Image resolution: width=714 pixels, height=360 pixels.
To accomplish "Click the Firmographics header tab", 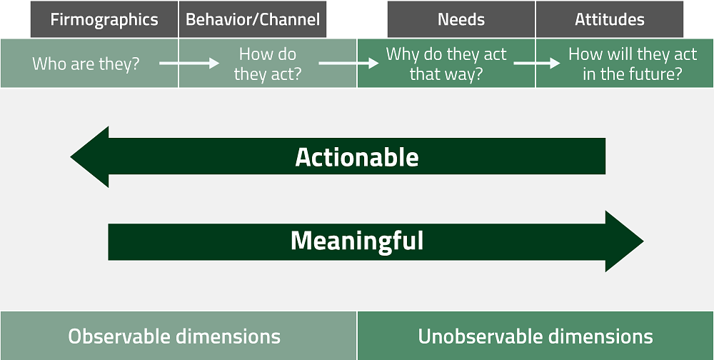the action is pyautogui.click(x=104, y=19).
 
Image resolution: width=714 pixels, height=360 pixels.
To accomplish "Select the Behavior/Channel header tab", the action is pyautogui.click(x=253, y=19).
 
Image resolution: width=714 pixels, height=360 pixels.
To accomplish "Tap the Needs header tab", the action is pyautogui.click(x=461, y=19).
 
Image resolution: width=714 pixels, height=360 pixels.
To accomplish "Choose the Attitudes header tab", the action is pyautogui.click(x=610, y=19).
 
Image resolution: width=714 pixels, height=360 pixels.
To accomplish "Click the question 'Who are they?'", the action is pyautogui.click(x=86, y=64).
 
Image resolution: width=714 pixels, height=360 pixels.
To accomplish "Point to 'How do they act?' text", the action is pyautogui.click(x=268, y=64).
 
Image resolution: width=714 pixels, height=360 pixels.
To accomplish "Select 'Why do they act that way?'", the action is pyautogui.click(x=446, y=64).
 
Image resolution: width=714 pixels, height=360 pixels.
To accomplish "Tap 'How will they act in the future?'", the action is pyautogui.click(x=633, y=64).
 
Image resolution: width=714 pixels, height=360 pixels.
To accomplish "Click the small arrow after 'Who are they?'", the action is pyautogui.click(x=189, y=64).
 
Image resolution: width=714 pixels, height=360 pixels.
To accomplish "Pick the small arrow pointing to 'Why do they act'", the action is pyautogui.click(x=348, y=64).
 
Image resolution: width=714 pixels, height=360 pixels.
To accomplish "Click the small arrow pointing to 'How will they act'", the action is pyautogui.click(x=537, y=64).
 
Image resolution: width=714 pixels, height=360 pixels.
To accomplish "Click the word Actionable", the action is pyautogui.click(x=356, y=157).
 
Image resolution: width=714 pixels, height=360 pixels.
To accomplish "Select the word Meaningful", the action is pyautogui.click(x=357, y=241).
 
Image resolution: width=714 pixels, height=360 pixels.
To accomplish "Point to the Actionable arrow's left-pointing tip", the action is pyautogui.click(x=71, y=156).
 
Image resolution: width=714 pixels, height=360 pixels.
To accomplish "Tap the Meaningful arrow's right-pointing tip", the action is pyautogui.click(x=643, y=241).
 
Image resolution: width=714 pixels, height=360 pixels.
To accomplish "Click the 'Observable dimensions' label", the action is pyautogui.click(x=174, y=336).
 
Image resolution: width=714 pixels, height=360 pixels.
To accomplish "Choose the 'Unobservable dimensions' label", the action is pyautogui.click(x=535, y=336).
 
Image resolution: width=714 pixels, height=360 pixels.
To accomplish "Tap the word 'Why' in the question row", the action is pyautogui.click(x=403, y=55).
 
